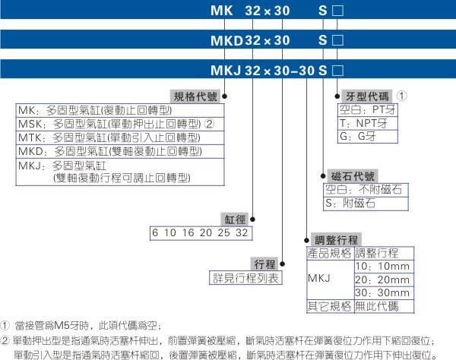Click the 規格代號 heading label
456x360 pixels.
tap(195, 96)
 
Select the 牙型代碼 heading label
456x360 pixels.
tap(367, 96)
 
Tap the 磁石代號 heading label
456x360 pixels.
tap(353, 176)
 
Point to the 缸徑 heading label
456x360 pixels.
tap(235, 219)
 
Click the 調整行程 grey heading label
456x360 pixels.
tap(336, 240)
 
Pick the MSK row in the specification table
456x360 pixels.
tap(120, 124)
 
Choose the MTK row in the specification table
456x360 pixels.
tap(120, 137)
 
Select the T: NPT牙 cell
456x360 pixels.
tap(368, 123)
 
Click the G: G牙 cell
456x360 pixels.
tap(368, 136)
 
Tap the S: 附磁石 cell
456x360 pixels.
tap(366, 204)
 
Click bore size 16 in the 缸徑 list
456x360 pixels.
tap(188, 232)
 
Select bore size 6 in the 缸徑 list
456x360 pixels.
tap(155, 232)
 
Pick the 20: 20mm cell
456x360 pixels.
tap(384, 279)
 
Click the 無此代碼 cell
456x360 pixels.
tap(384, 306)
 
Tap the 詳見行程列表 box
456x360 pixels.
tap(245, 278)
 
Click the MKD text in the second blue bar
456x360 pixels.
tap(226, 40)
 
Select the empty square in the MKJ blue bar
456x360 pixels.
tap(337, 71)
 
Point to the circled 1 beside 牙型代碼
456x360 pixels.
tap(402, 96)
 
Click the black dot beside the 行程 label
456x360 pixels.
tap(282, 264)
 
